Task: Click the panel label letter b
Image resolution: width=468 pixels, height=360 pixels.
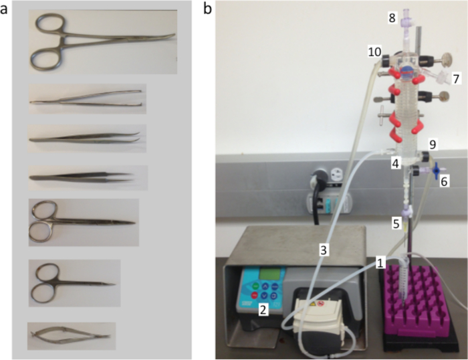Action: click(x=207, y=9)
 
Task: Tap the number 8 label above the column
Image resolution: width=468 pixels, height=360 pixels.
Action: click(x=392, y=18)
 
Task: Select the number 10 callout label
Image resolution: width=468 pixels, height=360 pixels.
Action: click(x=374, y=52)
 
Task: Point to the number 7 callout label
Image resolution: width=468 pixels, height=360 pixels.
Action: click(x=457, y=79)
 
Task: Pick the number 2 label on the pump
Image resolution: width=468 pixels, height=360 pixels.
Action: click(x=263, y=309)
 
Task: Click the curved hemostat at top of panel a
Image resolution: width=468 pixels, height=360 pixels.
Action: click(x=100, y=41)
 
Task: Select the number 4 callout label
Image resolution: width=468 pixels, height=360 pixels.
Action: click(x=396, y=163)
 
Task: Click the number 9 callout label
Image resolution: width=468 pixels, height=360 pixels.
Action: click(x=433, y=143)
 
